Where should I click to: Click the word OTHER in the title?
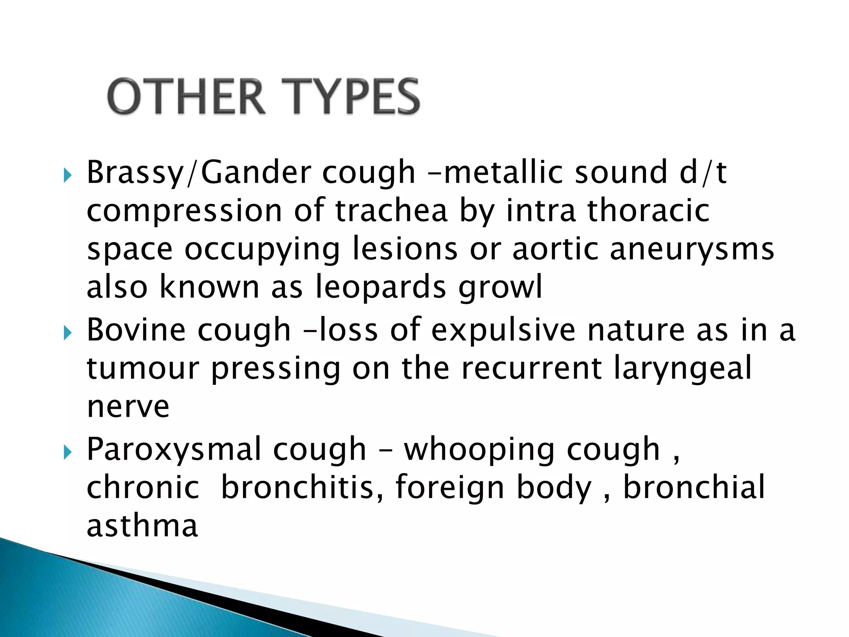pyautogui.click(x=186, y=97)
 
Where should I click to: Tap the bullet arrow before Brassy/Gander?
pyautogui.click(x=68, y=175)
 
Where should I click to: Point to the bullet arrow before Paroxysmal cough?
pyautogui.click(x=68, y=452)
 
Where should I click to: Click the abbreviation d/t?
pyautogui.click(x=703, y=172)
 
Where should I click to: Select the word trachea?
pyautogui.click(x=391, y=211)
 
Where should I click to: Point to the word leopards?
pyautogui.click(x=381, y=287)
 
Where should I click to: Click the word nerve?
pyautogui.click(x=128, y=407)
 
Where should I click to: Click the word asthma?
pyautogui.click(x=142, y=525)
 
